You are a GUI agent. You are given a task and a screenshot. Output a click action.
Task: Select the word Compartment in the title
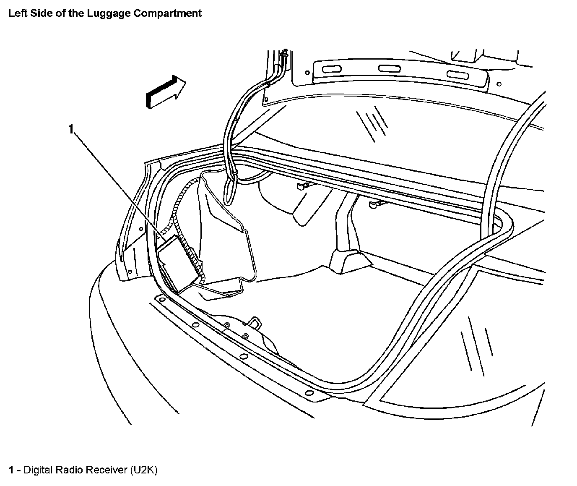pyautogui.click(x=167, y=13)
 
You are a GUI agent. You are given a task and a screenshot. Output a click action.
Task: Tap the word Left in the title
pyautogui.click(x=16, y=13)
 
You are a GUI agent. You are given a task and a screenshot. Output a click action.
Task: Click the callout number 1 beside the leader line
pyautogui.click(x=71, y=129)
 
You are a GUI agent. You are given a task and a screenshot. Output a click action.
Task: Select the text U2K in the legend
pyautogui.click(x=144, y=470)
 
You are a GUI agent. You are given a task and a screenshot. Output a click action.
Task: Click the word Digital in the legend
pyautogui.click(x=37, y=470)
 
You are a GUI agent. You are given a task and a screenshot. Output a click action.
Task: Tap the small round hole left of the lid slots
pyautogui.click(x=307, y=72)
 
